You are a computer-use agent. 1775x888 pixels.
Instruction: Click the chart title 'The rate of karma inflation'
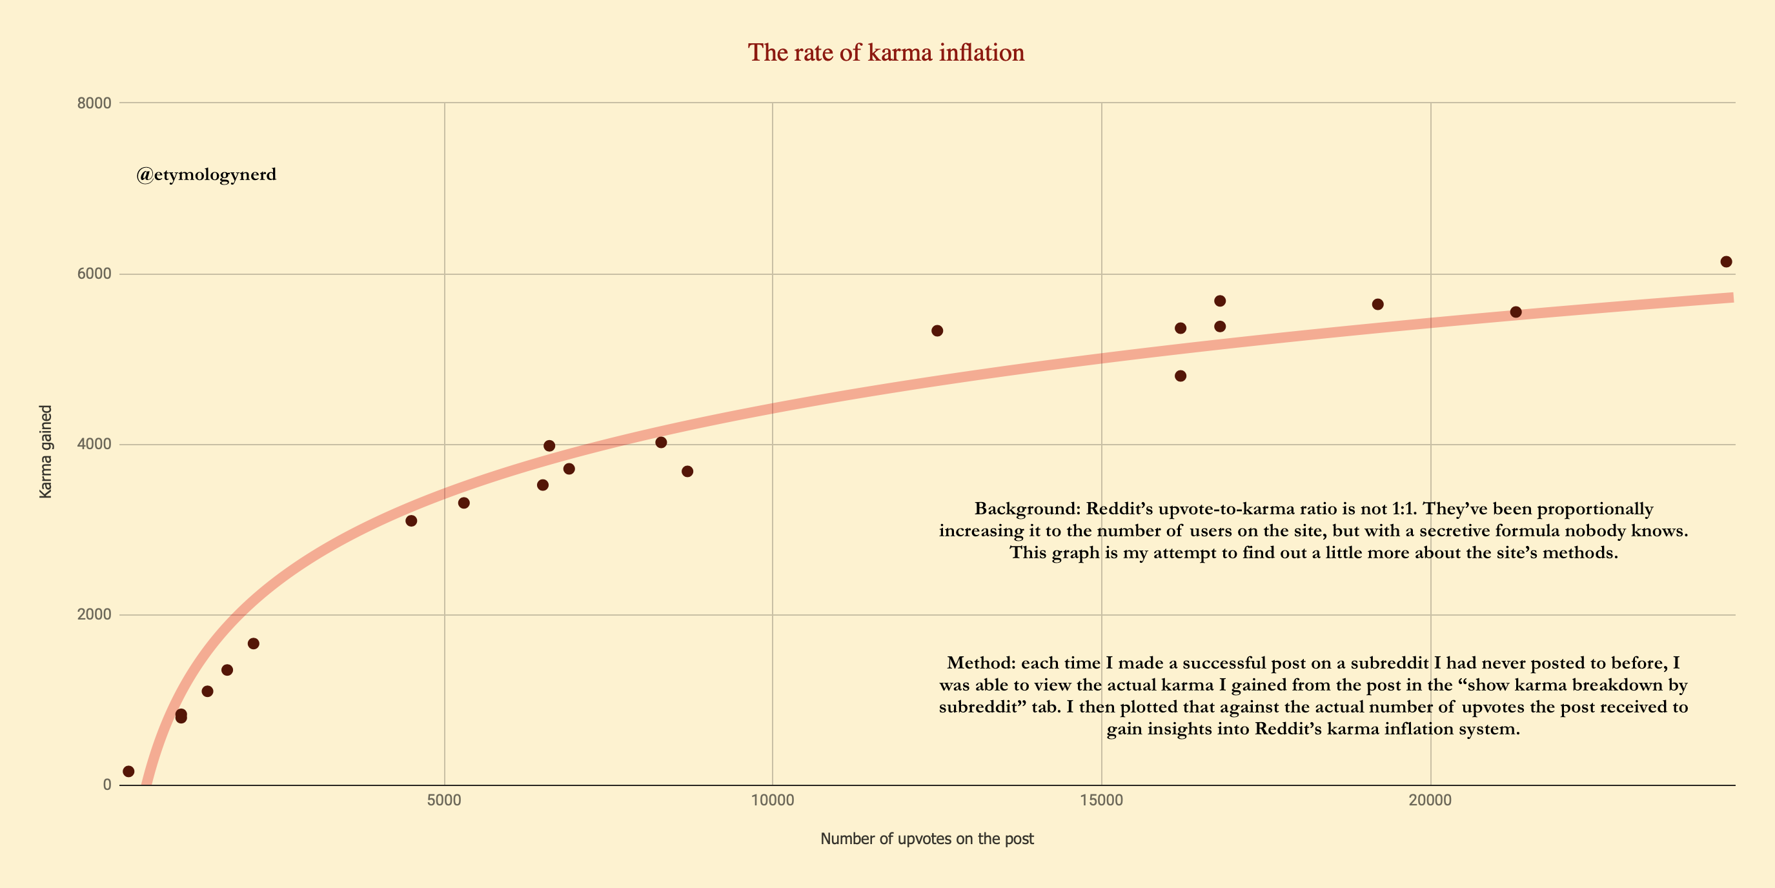coord(886,52)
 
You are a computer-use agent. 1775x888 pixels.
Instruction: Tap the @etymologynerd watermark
coord(206,174)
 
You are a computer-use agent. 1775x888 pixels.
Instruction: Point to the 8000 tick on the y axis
coord(94,103)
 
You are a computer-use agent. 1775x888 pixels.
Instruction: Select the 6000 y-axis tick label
coord(94,274)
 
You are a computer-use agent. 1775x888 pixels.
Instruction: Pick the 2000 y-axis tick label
coord(94,614)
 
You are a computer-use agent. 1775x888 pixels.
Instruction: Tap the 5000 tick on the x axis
coord(444,800)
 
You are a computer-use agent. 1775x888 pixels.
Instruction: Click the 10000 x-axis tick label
coord(772,800)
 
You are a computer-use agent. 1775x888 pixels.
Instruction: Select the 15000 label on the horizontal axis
coord(1101,800)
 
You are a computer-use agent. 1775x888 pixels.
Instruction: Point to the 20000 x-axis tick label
coord(1430,800)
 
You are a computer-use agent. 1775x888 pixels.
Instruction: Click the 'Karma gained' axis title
coord(45,451)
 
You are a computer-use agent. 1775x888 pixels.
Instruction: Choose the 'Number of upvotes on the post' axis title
coord(927,839)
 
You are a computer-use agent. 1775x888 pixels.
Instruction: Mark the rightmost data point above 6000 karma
coord(1726,262)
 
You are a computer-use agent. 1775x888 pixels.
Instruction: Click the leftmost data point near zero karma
coord(128,772)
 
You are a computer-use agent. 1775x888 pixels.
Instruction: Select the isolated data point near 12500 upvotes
coord(937,330)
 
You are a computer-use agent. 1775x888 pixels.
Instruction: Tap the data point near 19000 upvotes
coord(1377,305)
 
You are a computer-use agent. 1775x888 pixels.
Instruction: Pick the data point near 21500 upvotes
coord(1516,312)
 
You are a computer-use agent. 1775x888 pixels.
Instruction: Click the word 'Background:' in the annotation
coord(1027,509)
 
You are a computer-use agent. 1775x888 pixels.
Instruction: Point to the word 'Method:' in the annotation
coord(981,663)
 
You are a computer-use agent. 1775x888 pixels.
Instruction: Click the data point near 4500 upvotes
coord(411,521)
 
